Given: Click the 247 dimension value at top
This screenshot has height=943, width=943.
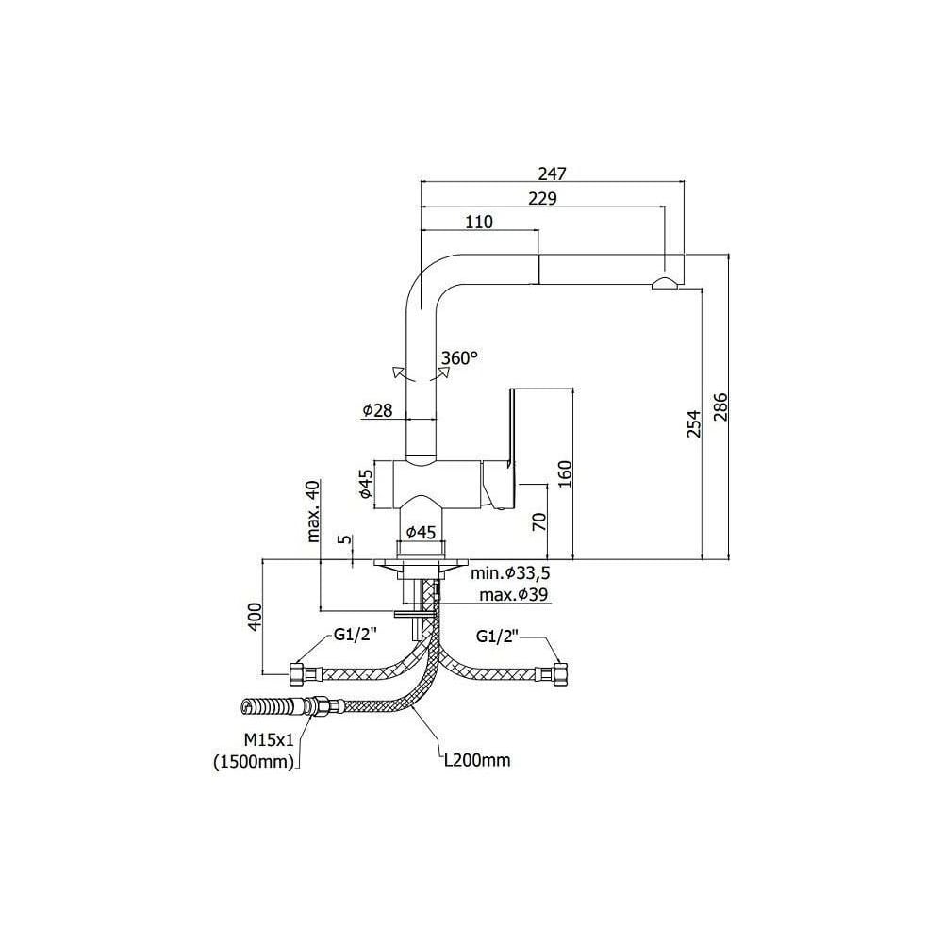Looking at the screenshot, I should [551, 174].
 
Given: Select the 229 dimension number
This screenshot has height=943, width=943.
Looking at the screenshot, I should [542, 198].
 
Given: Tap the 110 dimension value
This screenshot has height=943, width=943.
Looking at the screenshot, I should [479, 223].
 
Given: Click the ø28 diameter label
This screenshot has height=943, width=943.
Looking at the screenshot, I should [377, 410].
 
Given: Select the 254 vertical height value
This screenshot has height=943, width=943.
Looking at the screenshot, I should [693, 425].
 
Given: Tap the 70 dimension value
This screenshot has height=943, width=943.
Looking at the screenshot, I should [539, 521].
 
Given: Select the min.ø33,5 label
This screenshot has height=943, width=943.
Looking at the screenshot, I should [510, 574].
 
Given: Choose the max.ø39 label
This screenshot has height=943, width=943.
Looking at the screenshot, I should [515, 594].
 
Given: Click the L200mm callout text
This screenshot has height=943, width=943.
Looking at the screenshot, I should [477, 759].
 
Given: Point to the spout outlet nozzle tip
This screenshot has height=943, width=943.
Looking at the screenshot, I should [663, 285].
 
